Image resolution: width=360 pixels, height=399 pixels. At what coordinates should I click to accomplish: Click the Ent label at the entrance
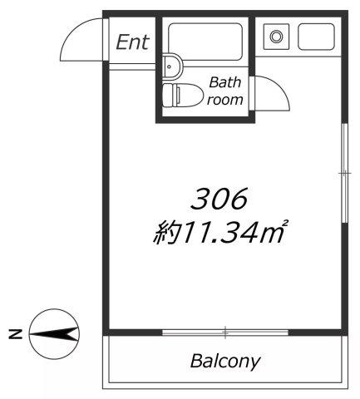pyautogui.click(x=132, y=42)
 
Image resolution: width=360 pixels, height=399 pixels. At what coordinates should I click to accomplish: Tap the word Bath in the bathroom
pyautogui.click(x=225, y=82)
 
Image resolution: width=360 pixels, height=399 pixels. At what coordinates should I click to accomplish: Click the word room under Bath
pyautogui.click(x=224, y=100)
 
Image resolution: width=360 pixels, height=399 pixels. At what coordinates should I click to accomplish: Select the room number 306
pyautogui.click(x=219, y=199)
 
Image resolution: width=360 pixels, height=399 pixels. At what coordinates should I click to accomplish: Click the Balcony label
pyautogui.click(x=225, y=362)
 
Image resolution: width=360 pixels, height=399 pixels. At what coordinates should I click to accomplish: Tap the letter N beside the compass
pyautogui.click(x=16, y=334)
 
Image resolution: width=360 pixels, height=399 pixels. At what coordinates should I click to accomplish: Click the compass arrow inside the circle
pyautogui.click(x=54, y=334)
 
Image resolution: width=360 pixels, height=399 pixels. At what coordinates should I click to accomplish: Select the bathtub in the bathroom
pyautogui.click(x=205, y=42)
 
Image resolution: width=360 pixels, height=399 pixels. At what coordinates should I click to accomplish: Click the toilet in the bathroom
pyautogui.click(x=181, y=95)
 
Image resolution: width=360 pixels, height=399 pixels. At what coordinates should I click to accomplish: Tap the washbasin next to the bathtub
pyautogui.click(x=172, y=66)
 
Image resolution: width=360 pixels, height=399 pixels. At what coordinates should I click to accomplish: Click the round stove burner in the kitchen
pyautogui.click(x=276, y=37)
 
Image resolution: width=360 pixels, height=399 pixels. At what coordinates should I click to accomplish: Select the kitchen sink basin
pyautogui.click(x=316, y=37)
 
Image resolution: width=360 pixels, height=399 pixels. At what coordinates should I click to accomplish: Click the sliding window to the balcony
pyautogui.click(x=225, y=332)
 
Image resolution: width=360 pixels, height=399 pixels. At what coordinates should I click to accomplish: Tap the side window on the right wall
pyautogui.click(x=344, y=173)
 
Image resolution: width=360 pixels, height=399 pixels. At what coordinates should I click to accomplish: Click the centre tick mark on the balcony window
pyautogui.click(x=225, y=332)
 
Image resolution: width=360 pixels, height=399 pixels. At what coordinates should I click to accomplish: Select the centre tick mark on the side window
pyautogui.click(x=344, y=174)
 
